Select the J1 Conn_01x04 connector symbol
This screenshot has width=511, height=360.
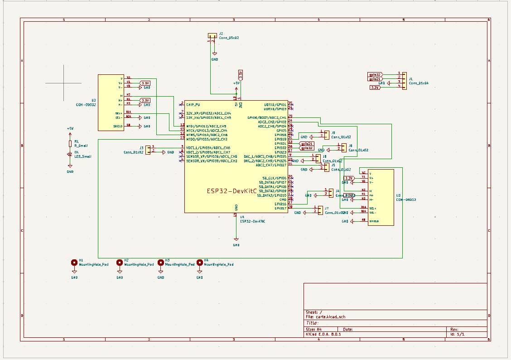click(x=404, y=80)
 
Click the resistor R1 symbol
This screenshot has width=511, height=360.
click(x=70, y=144)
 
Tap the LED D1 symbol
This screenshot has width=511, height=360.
click(x=70, y=154)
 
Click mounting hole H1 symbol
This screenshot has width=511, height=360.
click(x=74, y=263)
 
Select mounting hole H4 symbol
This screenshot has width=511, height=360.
click(x=199, y=263)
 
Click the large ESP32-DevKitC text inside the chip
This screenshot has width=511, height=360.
click(x=231, y=191)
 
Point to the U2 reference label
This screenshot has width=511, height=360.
click(x=93, y=100)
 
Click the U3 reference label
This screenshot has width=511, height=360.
click(x=398, y=195)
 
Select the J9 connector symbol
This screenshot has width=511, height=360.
click(x=327, y=135)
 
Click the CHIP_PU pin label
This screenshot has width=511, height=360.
click(x=193, y=104)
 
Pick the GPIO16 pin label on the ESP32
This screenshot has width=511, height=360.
click(x=280, y=204)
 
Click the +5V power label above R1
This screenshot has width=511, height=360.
click(x=70, y=128)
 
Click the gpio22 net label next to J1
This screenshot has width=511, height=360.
click(x=375, y=74)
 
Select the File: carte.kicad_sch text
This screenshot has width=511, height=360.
click(x=325, y=317)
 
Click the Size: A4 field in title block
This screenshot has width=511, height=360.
click(x=313, y=329)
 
